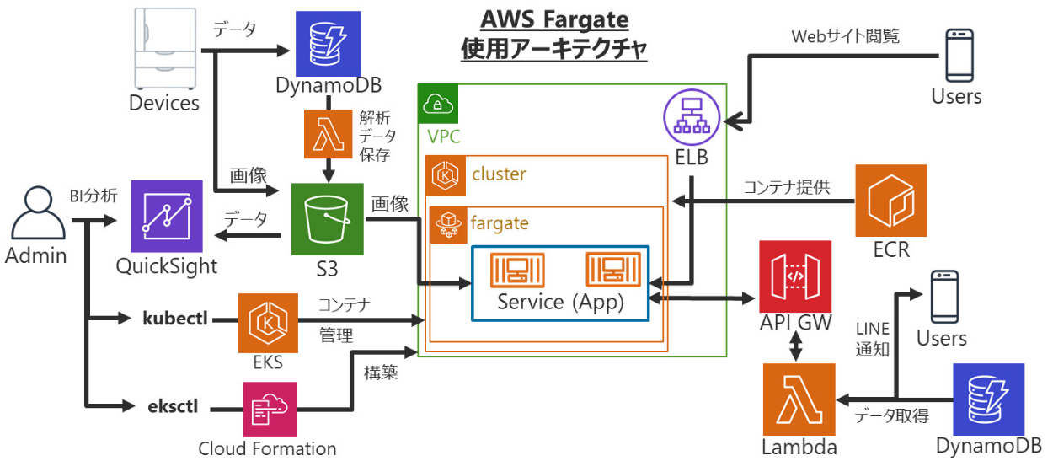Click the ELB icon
691,120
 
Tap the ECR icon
890,201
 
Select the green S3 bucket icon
328,219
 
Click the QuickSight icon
167,217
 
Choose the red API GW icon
794,276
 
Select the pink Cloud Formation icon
267,409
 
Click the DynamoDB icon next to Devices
328,40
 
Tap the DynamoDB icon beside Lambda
987,398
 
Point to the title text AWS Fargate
554,19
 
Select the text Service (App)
560,302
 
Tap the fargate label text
500,224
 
